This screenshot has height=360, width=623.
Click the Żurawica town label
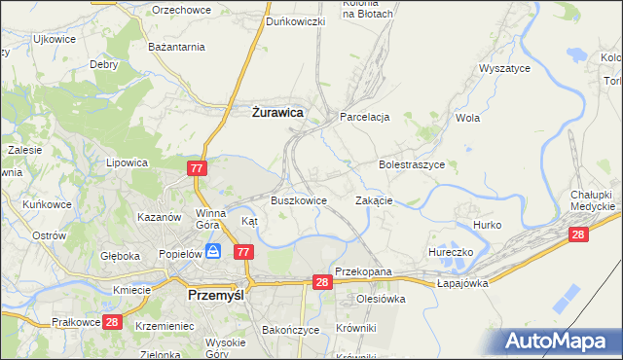[272, 113]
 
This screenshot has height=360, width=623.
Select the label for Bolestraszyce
[412, 165]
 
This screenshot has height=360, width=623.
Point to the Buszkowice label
[297, 200]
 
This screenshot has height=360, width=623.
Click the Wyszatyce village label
[504, 69]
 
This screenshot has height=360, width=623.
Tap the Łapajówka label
[461, 282]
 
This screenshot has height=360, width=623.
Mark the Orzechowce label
[183, 9]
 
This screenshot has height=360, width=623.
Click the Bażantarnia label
[176, 46]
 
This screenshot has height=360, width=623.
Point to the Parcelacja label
[364, 117]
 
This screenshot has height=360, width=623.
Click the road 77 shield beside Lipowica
[197, 169]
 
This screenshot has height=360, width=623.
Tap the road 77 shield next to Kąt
[243, 252]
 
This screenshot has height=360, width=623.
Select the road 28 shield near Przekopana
[324, 282]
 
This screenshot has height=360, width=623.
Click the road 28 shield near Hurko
[578, 234]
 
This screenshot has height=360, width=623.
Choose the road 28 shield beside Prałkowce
[112, 322]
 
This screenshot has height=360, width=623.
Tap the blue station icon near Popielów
[213, 251]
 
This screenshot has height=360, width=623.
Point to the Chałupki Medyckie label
[592, 200]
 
